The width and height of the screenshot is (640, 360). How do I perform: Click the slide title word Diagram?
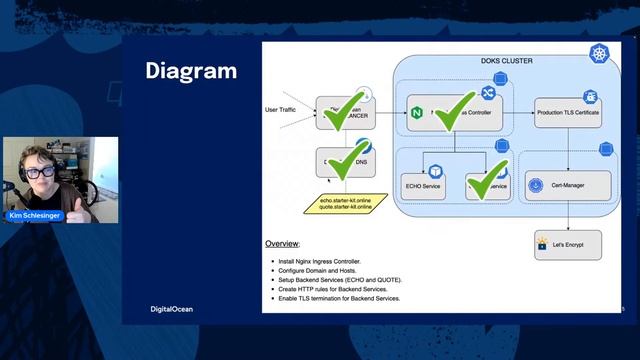click(x=191, y=71)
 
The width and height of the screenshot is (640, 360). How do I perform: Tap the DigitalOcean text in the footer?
click(x=164, y=309)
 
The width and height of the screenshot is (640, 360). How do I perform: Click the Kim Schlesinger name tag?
click(x=34, y=215)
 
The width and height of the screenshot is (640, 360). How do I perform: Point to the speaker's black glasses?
click(x=37, y=173)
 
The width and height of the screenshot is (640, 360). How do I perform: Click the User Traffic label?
click(x=284, y=109)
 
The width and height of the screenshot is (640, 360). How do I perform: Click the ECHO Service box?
click(x=426, y=185)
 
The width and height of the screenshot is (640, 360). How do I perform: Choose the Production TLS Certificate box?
click(x=567, y=115)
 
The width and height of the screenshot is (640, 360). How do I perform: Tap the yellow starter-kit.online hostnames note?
click(x=346, y=205)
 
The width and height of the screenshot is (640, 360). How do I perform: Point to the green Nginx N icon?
click(x=416, y=114)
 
